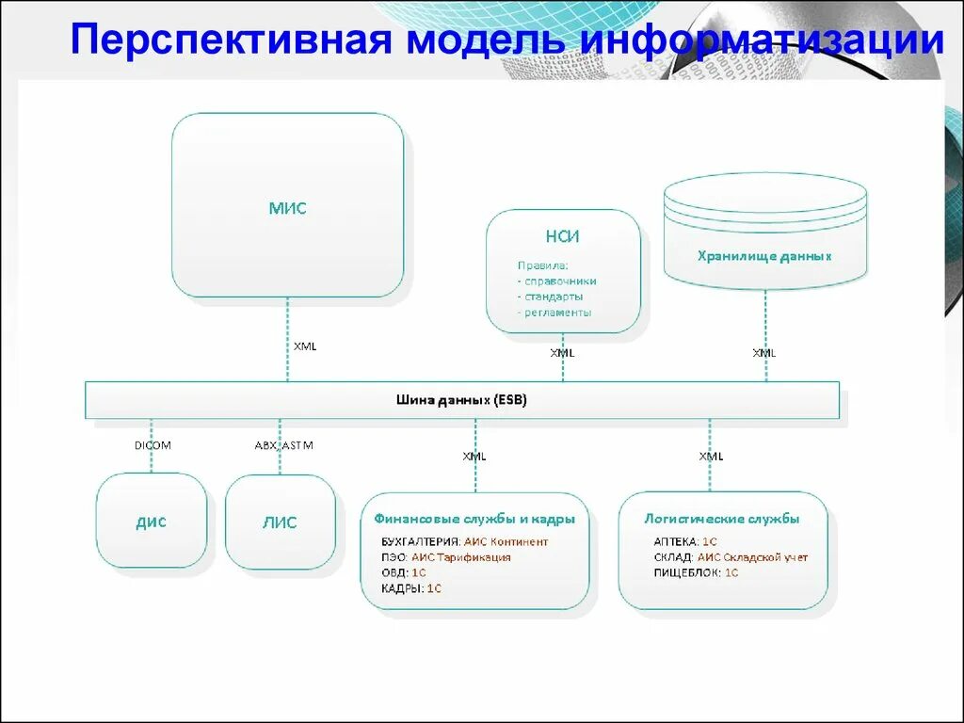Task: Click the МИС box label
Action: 287,209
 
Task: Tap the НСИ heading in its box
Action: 562,237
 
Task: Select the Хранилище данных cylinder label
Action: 764,256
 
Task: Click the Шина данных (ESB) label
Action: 461,400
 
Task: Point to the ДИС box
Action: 151,522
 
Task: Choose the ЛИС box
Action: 280,522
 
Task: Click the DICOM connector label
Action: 153,445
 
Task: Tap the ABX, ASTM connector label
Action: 283,445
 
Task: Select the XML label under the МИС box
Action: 305,346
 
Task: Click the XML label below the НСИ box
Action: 562,353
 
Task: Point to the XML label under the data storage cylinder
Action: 763,353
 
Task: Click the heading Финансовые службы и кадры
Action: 474,519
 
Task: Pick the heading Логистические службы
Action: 722,519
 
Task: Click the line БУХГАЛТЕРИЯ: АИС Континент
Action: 465,542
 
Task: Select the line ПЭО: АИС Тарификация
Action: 446,557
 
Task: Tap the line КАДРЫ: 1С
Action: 411,588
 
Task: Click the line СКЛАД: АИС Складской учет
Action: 731,557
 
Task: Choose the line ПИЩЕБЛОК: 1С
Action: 696,572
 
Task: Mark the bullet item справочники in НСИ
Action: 557,281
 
